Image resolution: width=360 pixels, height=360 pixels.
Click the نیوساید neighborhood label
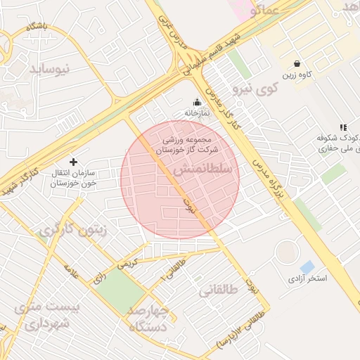[x=51, y=68]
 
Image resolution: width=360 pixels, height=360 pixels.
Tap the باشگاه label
[x=36, y=26]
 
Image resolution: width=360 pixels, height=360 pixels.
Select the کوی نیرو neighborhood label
[x=257, y=89]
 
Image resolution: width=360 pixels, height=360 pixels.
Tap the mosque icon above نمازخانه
[x=197, y=102]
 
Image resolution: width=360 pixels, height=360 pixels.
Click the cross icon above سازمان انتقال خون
[x=73, y=162]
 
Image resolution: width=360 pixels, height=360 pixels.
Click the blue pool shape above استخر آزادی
[x=307, y=267]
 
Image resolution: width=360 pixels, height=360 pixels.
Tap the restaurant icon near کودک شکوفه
[x=342, y=127]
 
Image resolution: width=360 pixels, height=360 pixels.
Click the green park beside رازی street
[x=117, y=290]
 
